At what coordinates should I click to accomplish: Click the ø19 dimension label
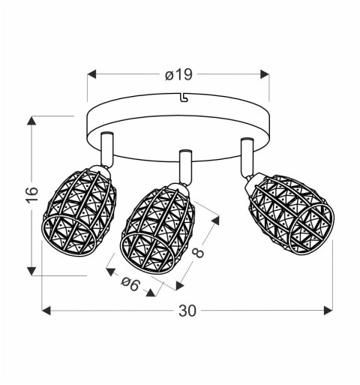click(x=178, y=74)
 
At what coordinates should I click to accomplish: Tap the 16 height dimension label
click(x=32, y=194)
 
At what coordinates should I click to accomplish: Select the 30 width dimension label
click(x=187, y=311)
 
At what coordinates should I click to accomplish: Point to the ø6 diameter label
click(x=130, y=284)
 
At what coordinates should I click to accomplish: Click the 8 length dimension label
click(x=199, y=253)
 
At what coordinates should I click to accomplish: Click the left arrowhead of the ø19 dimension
click(x=91, y=74)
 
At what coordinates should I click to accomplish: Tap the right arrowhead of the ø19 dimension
click(x=265, y=74)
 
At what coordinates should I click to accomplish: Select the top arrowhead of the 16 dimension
click(x=31, y=121)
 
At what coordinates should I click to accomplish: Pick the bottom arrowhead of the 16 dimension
click(x=31, y=271)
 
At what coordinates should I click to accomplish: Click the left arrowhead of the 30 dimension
click(x=46, y=311)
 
